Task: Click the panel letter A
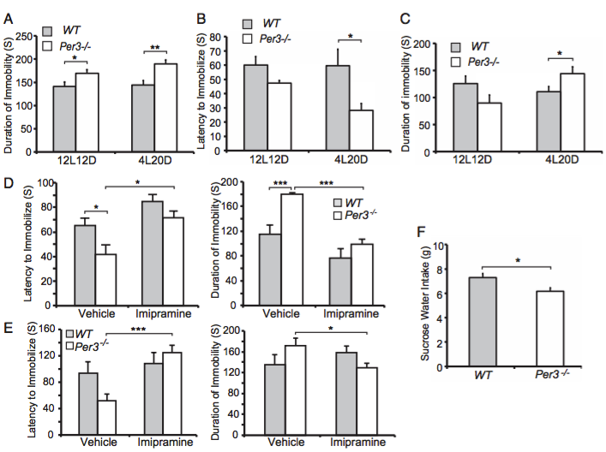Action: click(9, 15)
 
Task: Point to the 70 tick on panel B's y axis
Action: click(227, 38)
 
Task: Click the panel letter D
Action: click(9, 183)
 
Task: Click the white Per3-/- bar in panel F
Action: click(544, 329)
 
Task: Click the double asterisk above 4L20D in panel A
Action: click(155, 51)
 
